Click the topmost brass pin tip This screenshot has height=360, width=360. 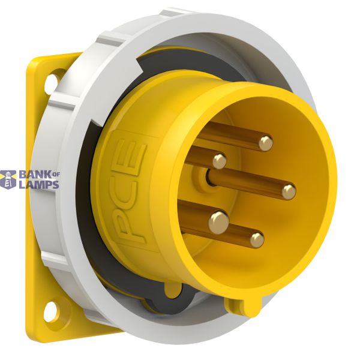(x=266, y=143)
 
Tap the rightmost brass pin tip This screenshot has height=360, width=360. (x=289, y=191)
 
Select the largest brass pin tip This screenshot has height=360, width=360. (x=218, y=223)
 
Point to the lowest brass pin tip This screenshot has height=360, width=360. (x=257, y=240)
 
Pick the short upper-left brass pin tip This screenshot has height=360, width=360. (x=219, y=161)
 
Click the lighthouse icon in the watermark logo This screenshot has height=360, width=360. (x=8, y=179)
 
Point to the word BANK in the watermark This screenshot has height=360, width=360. (x=35, y=175)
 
